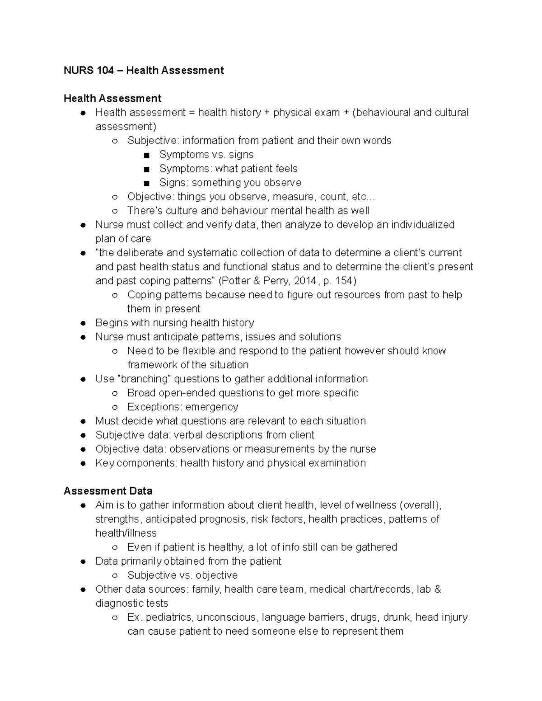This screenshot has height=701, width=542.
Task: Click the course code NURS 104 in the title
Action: [89, 70]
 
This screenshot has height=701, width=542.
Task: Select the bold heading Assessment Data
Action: [108, 491]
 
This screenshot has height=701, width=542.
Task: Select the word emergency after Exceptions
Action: [211, 407]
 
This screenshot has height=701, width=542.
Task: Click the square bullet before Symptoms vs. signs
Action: [146, 155]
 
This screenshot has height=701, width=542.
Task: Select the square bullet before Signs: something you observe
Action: [146, 183]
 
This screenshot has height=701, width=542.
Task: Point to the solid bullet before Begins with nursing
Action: [83, 323]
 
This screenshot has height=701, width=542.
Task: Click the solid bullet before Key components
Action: [83, 463]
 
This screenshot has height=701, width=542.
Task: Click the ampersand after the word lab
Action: [437, 589]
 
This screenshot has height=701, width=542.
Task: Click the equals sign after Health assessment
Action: [192, 113]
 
